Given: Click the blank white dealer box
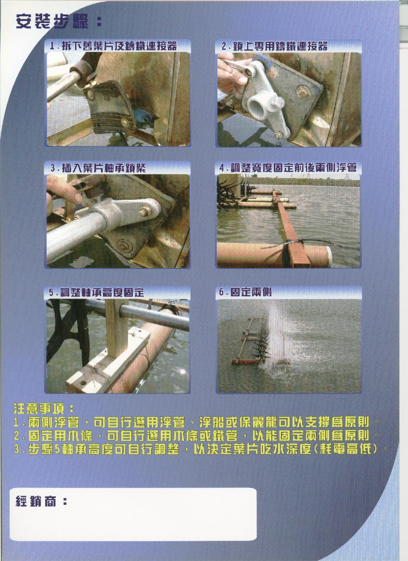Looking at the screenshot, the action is (133, 514).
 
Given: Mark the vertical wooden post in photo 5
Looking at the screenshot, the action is (116, 328).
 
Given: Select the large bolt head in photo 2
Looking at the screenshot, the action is (303, 92).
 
